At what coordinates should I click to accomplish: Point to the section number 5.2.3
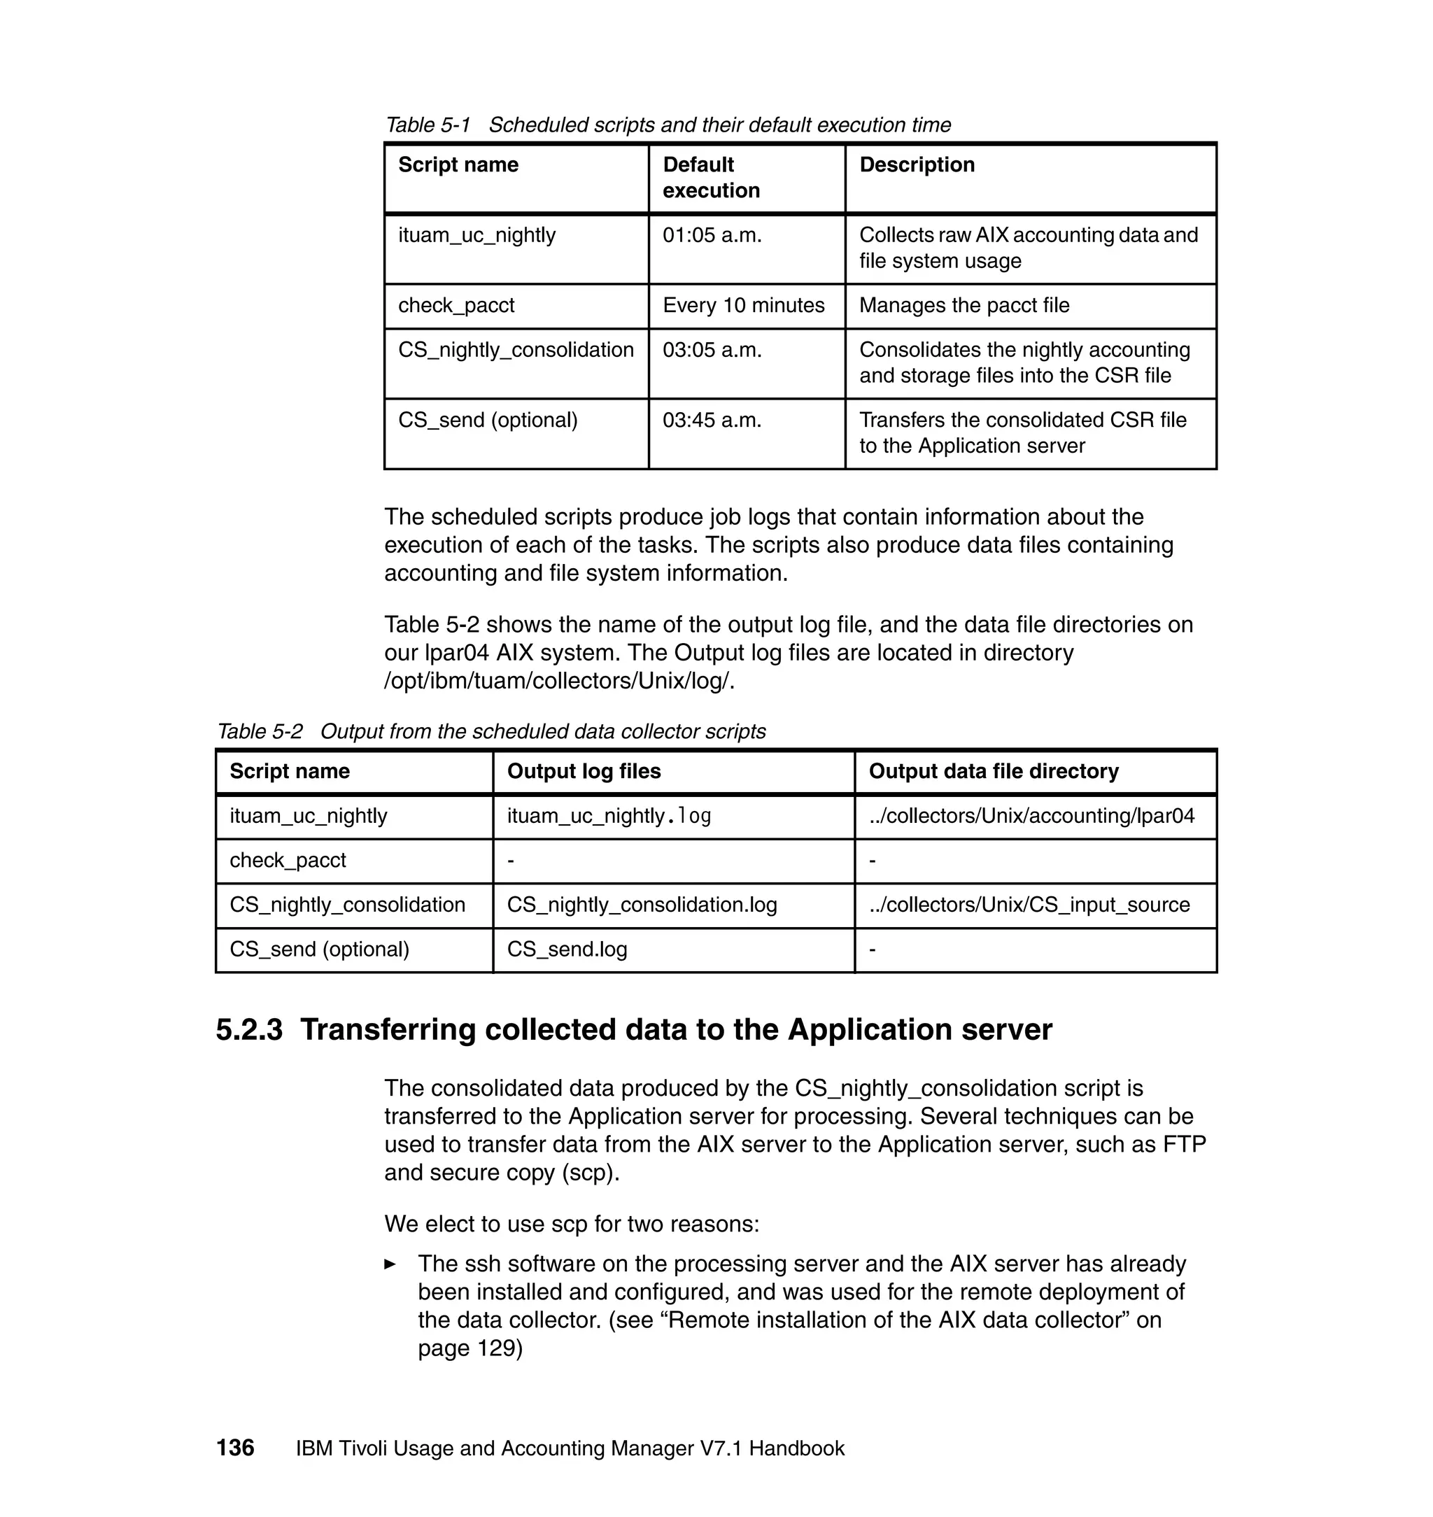point(249,1030)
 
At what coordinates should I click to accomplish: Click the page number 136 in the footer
point(235,1448)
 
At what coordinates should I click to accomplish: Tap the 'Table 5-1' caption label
point(428,125)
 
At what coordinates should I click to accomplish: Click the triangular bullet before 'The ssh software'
point(390,1264)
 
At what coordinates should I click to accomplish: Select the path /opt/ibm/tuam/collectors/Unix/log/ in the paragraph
point(558,682)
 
